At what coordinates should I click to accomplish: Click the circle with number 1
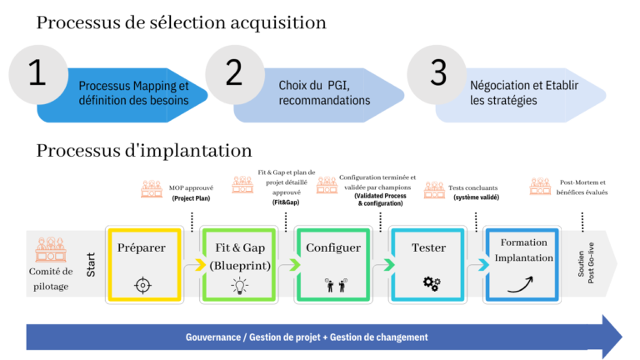pos(37,73)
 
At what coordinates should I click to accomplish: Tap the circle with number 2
pos(234,73)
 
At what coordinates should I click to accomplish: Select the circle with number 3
pos(437,73)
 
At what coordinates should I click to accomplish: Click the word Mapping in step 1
pos(156,86)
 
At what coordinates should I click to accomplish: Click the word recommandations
pos(324,101)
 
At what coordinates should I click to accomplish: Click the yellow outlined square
pos(144,264)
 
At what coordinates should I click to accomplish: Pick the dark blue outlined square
pos(522,264)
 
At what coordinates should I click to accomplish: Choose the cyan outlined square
pos(427,264)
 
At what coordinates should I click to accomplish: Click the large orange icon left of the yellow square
pos(51,249)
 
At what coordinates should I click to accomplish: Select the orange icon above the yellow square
pos(152,189)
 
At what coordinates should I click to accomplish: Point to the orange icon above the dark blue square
pos(540,186)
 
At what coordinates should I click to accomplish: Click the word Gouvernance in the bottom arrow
pos(213,337)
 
